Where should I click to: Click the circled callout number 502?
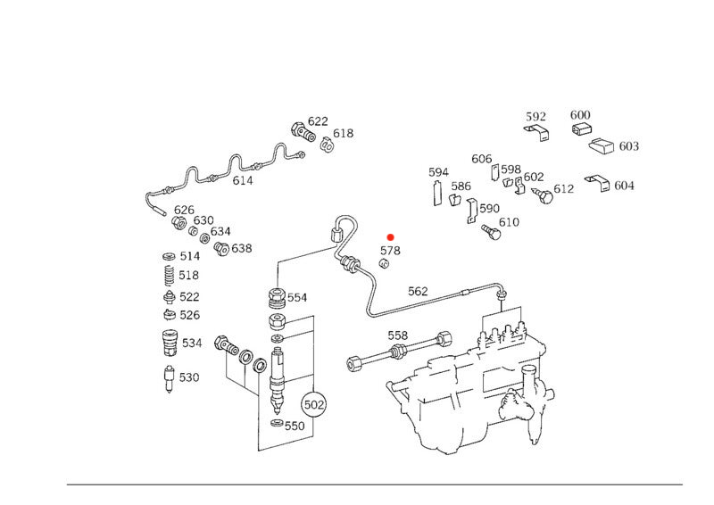click(314, 404)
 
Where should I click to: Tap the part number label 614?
click(243, 180)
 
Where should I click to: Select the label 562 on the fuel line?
click(418, 291)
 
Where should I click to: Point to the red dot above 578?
click(390, 236)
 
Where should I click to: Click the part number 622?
click(318, 121)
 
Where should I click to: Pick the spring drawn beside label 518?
click(166, 276)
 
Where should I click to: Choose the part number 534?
click(192, 343)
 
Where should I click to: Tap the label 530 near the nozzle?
click(189, 377)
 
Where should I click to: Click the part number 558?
click(398, 335)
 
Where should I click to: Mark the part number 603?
click(628, 145)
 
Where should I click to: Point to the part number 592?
click(535, 116)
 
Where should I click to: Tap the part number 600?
click(580, 115)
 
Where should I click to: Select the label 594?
click(438, 172)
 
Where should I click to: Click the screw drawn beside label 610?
click(489, 230)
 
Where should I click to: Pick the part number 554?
click(296, 297)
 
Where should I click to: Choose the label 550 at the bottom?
click(295, 426)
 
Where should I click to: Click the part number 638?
click(242, 248)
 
